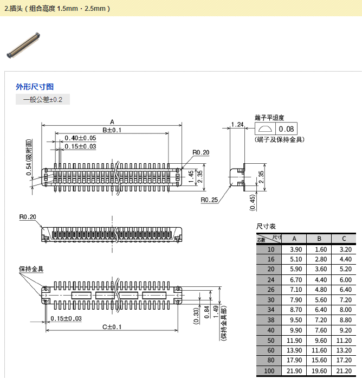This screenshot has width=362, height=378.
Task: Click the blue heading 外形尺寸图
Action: [35, 87]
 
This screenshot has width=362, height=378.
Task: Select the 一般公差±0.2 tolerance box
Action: [43, 100]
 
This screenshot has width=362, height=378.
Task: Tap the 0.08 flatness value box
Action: [286, 129]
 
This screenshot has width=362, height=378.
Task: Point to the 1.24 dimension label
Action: [237, 125]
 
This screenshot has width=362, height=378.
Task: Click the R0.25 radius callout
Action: [209, 200]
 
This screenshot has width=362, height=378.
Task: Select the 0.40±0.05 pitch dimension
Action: [80, 138]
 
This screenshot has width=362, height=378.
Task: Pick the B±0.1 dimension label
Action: [112, 130]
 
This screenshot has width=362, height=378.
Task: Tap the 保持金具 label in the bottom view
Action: [31, 269]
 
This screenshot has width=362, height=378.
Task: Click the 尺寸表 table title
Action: [266, 227]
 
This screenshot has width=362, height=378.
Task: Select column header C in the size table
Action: [344, 239]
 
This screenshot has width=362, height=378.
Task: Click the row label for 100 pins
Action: [269, 371]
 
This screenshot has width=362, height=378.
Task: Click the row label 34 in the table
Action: [270, 310]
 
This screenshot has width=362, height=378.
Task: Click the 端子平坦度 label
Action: [269, 117]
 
